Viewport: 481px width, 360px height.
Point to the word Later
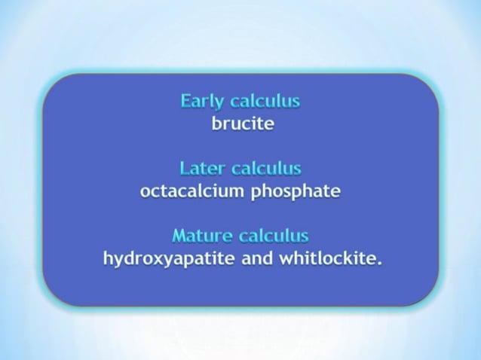point(203,169)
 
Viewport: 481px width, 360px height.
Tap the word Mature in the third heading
point(201,236)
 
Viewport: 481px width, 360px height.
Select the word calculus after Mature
point(274,236)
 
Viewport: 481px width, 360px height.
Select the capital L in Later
point(185,169)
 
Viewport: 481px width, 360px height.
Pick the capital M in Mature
point(180,236)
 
